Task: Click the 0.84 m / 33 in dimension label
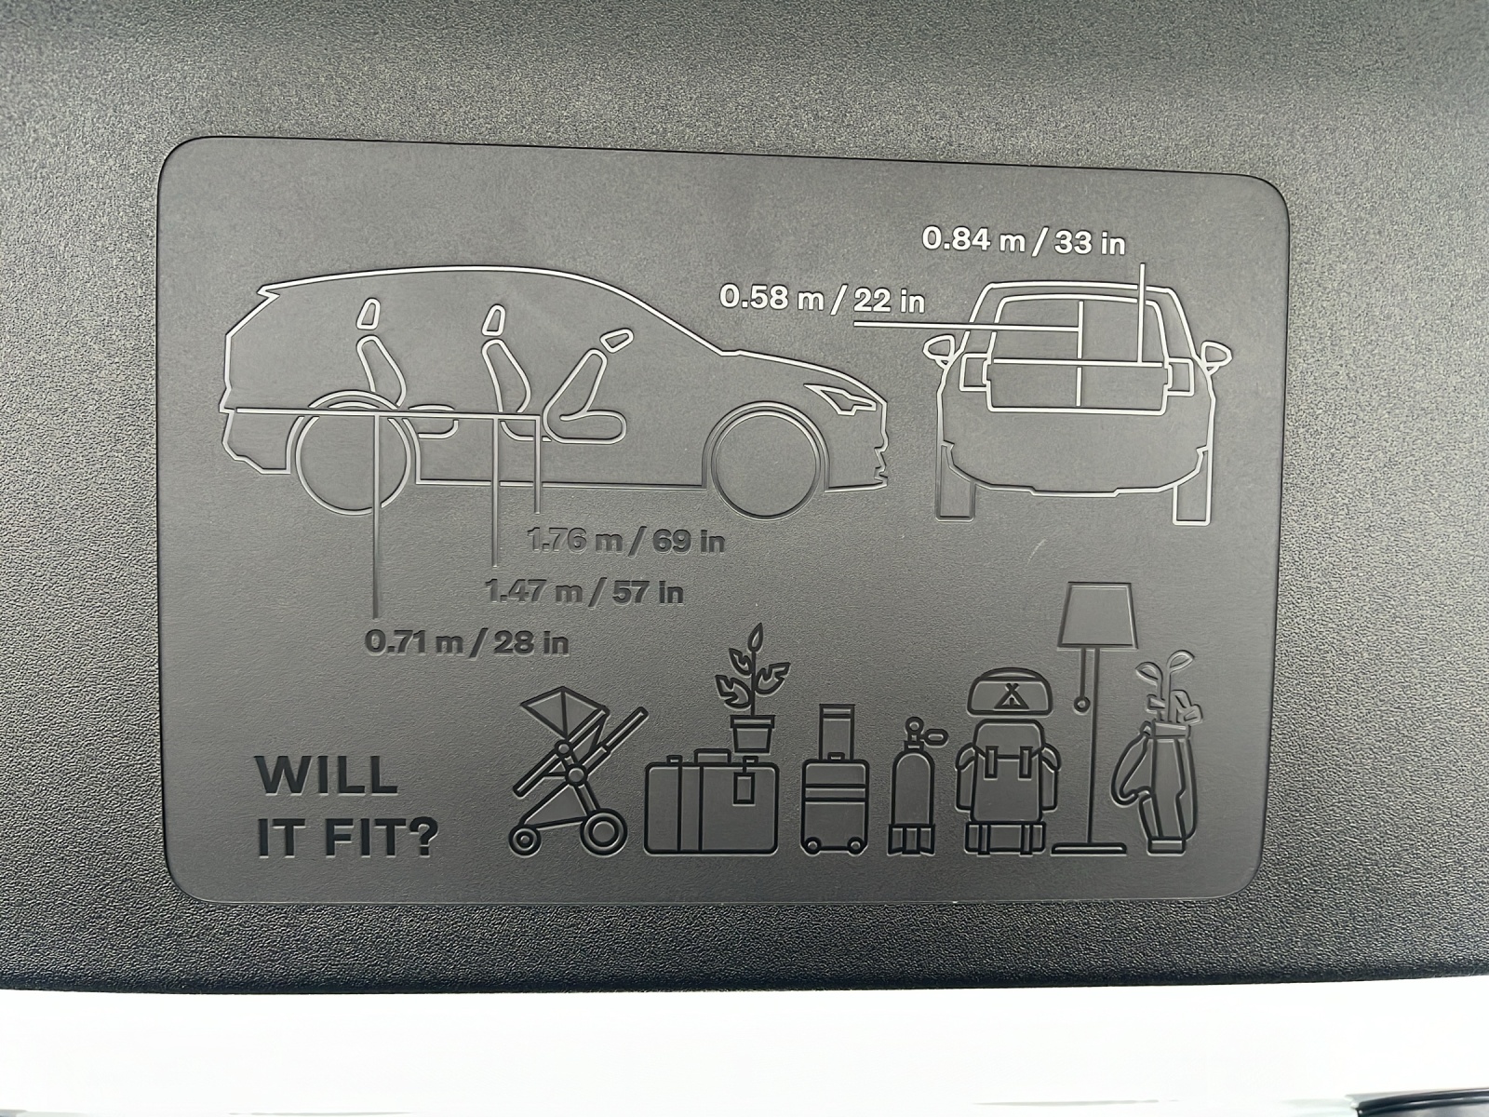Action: (x=1024, y=242)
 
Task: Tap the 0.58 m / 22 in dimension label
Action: (x=822, y=299)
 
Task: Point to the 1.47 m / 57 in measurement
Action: (x=584, y=592)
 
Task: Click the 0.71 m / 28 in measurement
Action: (x=467, y=641)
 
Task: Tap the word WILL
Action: (x=327, y=776)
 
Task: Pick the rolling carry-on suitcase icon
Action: (x=835, y=780)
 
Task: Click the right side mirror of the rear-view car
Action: (x=1216, y=355)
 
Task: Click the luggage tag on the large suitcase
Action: (x=744, y=788)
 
